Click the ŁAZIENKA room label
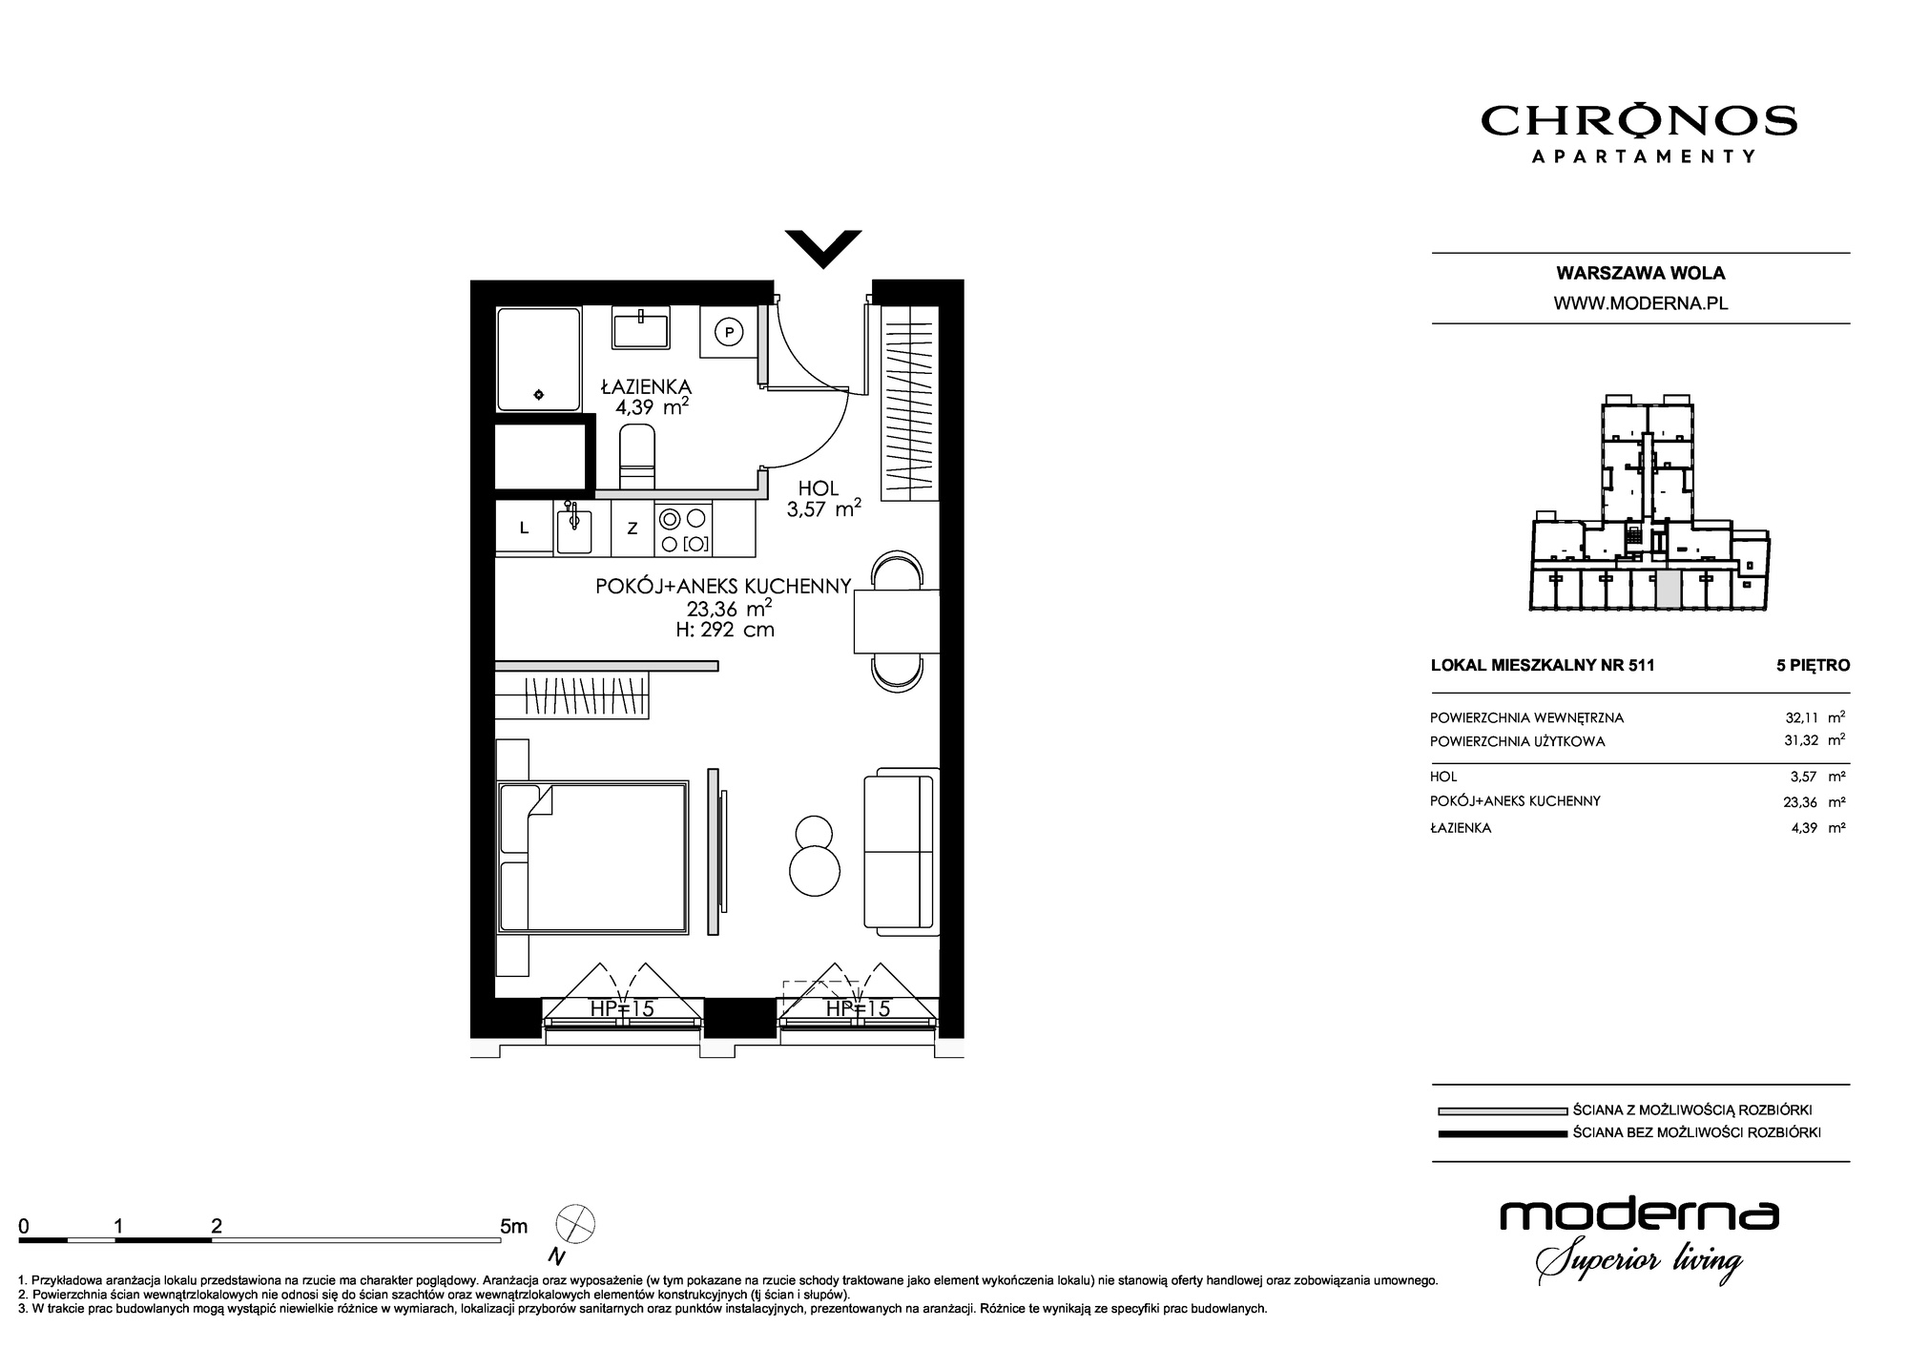646,386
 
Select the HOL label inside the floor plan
819,488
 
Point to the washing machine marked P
729,332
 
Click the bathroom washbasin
641,327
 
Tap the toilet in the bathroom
637,458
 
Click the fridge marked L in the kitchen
524,529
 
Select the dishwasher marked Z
632,529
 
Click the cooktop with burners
684,530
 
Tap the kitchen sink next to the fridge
573,529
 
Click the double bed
592,856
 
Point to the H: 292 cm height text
724,630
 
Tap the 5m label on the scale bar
513,1226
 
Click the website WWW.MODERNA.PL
1641,303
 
